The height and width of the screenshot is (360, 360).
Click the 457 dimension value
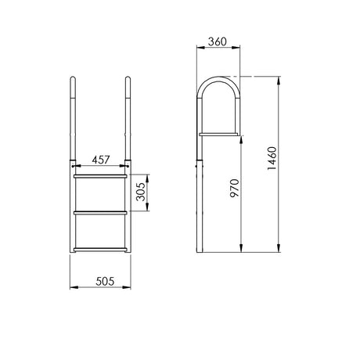pos(101,160)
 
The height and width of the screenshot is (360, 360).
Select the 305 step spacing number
pos(141,192)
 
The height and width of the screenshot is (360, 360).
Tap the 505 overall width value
pos(105,281)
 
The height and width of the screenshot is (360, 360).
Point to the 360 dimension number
pos(218,41)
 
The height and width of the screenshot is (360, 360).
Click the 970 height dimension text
pos(235,188)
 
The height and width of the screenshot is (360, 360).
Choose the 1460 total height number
pos(272,158)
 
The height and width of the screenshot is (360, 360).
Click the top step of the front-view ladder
pos(100,177)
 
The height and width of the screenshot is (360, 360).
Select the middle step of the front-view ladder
pos(100,213)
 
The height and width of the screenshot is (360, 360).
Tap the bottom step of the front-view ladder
pos(100,250)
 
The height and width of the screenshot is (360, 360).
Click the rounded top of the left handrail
pos(73,78)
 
